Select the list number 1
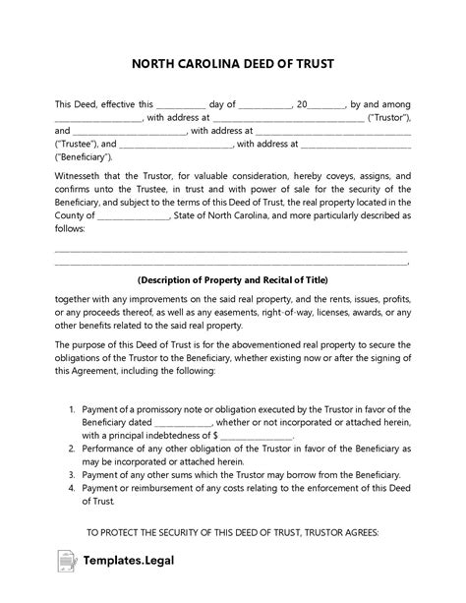(x=72, y=408)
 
